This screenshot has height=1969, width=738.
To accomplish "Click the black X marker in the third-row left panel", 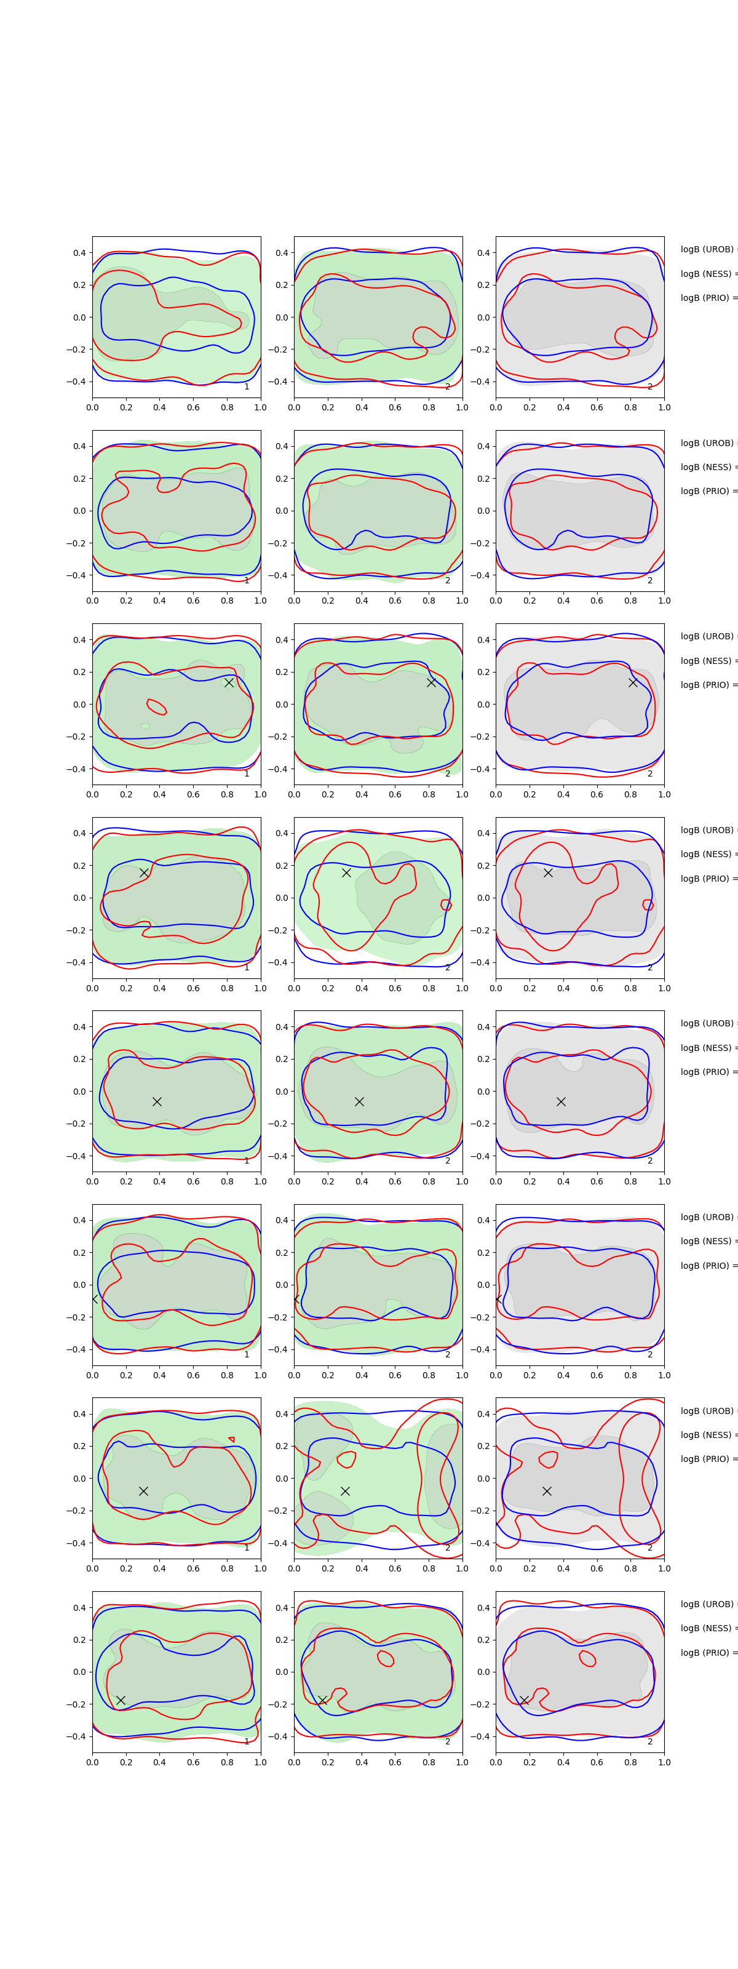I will click(x=228, y=682).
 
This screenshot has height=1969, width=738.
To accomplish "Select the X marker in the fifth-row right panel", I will click(x=561, y=1101).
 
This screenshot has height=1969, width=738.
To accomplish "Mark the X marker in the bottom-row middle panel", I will click(x=322, y=1700).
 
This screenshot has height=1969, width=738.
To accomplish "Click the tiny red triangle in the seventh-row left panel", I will click(x=231, y=1439).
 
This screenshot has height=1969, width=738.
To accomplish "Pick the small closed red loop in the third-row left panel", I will click(x=157, y=706).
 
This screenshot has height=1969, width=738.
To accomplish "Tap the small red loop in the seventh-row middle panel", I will click(x=347, y=1459).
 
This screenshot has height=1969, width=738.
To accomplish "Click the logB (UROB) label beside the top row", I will click(x=707, y=249).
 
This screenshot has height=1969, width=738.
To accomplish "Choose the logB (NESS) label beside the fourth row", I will click(x=707, y=854).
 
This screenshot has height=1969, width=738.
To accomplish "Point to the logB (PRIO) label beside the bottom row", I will click(x=707, y=1653).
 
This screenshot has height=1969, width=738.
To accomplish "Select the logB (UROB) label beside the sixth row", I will click(x=707, y=1217).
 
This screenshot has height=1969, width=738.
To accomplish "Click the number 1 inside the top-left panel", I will click(x=246, y=387).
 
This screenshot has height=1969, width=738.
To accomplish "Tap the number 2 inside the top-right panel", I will click(x=649, y=387).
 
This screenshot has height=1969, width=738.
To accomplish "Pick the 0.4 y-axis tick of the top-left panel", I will click(x=79, y=253).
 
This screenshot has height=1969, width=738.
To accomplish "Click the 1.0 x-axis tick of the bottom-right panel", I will click(x=664, y=1762).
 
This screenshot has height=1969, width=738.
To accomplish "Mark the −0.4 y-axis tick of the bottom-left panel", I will click(x=76, y=1736).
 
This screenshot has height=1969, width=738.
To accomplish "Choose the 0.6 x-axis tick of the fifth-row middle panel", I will click(x=395, y=1181).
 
